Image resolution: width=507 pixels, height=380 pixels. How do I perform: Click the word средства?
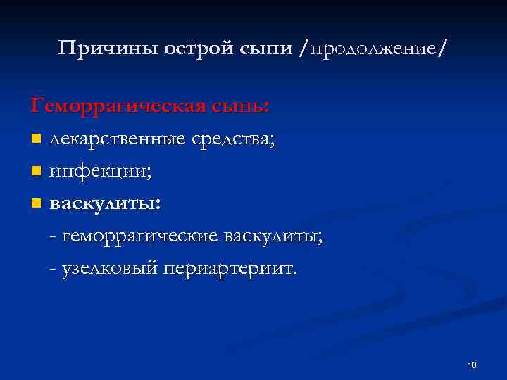click(x=232, y=139)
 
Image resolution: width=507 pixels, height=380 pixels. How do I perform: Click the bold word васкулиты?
click(x=104, y=204)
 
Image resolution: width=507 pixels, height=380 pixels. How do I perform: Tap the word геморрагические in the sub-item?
click(x=140, y=236)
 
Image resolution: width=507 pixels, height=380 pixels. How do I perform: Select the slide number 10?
click(x=472, y=365)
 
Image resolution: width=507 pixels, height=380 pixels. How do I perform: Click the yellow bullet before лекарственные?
click(x=36, y=139)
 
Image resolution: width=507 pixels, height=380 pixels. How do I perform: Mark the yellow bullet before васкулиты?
click(x=36, y=204)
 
